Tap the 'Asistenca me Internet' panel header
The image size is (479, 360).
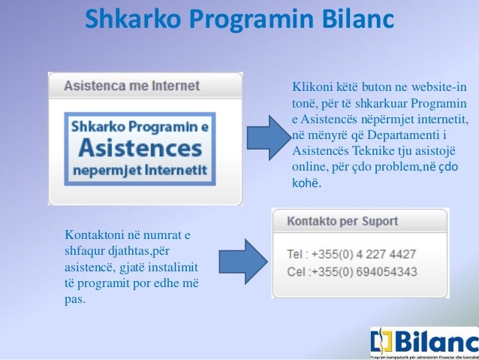(x=132, y=86)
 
